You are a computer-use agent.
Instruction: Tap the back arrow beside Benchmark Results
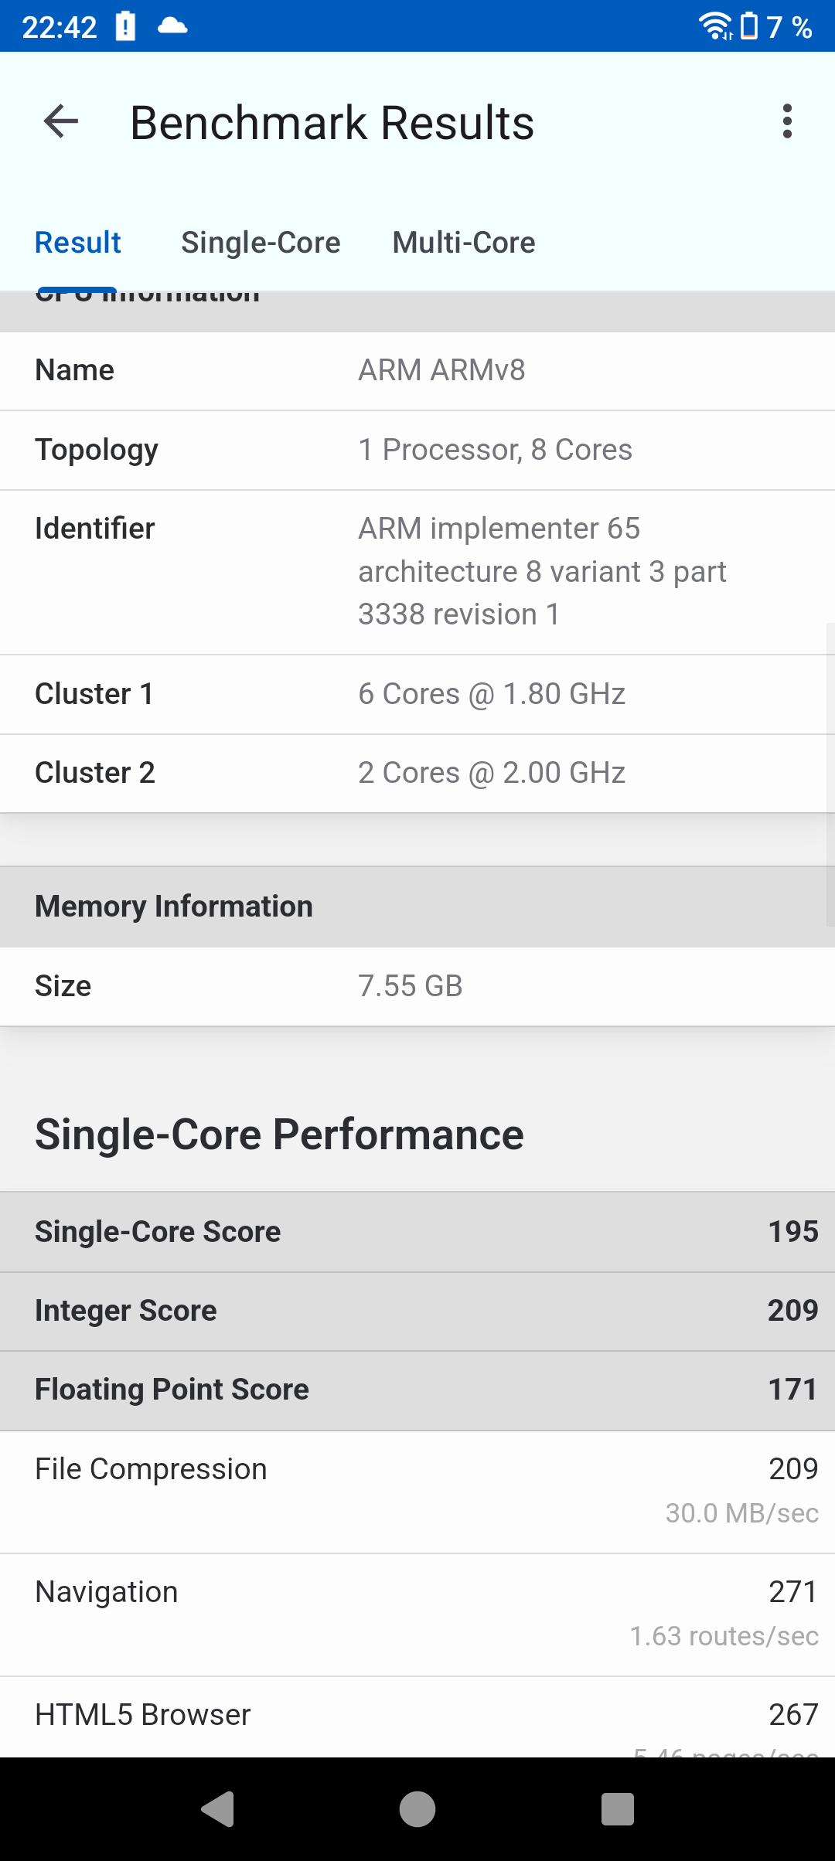click(x=61, y=122)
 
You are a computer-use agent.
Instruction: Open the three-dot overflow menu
click(x=787, y=122)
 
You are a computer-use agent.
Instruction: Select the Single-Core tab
click(x=261, y=243)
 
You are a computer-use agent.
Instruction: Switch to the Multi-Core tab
click(x=464, y=243)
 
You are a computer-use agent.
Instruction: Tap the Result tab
click(x=78, y=243)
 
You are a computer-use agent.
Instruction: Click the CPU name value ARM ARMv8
click(x=441, y=370)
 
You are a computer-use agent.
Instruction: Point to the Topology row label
click(x=97, y=450)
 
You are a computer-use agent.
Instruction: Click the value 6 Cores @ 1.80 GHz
click(x=492, y=694)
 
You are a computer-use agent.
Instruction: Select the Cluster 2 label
click(x=95, y=773)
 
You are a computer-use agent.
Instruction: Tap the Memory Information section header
click(x=174, y=907)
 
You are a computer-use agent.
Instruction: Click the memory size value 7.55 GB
click(x=411, y=986)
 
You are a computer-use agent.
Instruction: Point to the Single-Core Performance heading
click(x=279, y=1135)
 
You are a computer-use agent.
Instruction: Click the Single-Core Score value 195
click(x=792, y=1232)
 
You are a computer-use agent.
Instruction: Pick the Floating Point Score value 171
click(x=792, y=1390)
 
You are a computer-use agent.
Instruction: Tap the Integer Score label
click(x=126, y=1311)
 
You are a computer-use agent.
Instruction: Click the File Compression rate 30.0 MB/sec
click(x=741, y=1513)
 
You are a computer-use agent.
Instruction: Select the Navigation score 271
click(x=792, y=1592)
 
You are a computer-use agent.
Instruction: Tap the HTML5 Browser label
click(x=143, y=1715)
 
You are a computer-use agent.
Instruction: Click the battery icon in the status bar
click(x=748, y=26)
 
